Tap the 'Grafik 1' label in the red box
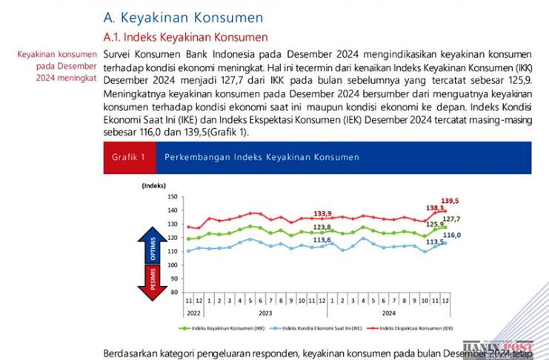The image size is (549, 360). [x=128, y=157]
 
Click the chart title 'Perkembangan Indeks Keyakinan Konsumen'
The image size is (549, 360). [x=262, y=157]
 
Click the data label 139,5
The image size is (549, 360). [x=450, y=201]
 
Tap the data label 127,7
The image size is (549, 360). [x=451, y=219]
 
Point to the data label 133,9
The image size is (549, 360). [x=322, y=213]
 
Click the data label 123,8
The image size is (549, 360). [x=322, y=227]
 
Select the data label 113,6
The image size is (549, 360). [x=322, y=240]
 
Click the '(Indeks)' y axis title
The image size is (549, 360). [x=156, y=185]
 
